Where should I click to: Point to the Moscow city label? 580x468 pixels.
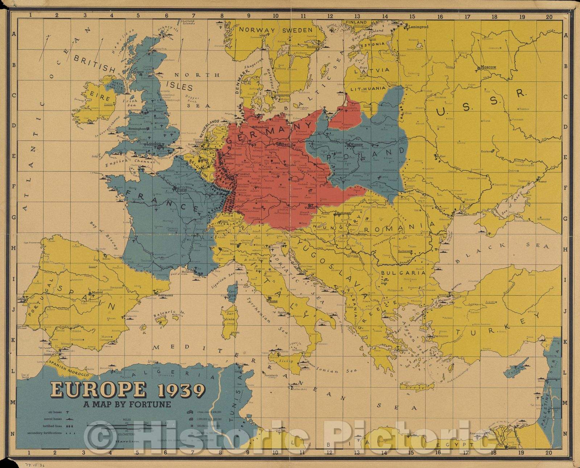pos(488,67)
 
